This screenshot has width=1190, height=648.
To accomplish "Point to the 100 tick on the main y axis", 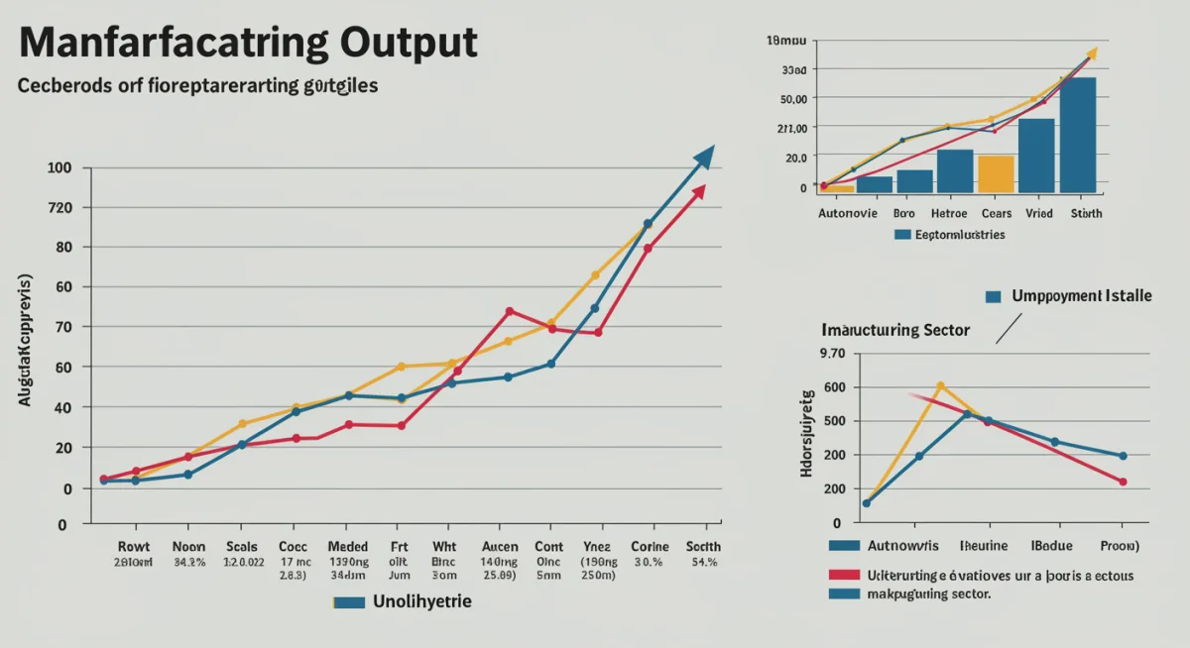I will tap(60, 167).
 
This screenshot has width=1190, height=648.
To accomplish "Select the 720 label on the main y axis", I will tap(60, 207).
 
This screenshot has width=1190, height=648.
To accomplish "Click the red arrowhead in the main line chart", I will tap(699, 191).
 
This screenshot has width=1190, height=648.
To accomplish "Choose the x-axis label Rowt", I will tap(133, 546).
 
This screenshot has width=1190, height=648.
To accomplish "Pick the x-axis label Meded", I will tap(347, 546).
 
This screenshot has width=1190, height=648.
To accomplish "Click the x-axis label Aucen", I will tap(500, 546).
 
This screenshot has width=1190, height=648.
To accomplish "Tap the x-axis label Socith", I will tap(703, 546).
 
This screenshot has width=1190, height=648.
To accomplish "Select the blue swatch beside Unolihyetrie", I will tap(350, 602).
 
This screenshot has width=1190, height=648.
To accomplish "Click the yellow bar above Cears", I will tap(996, 173).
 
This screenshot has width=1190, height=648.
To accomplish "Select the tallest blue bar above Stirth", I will tap(1078, 134).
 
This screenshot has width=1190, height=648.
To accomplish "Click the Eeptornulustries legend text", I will tap(959, 235).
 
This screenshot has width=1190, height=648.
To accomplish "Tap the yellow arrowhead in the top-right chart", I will tap(1092, 53).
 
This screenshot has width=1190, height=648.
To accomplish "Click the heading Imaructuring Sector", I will tap(895, 330).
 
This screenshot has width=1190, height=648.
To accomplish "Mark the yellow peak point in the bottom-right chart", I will tap(940, 385).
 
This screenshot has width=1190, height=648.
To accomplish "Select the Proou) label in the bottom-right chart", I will tap(1120, 545).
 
